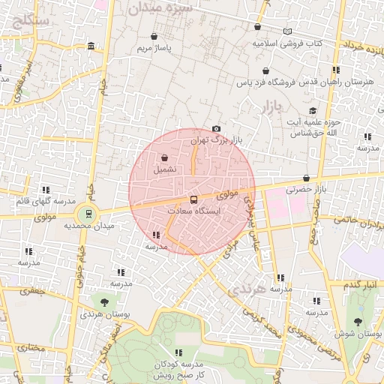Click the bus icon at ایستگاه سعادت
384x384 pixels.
click(194, 199)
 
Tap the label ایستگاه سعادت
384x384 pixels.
click(195, 212)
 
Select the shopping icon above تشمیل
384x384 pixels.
click(164, 157)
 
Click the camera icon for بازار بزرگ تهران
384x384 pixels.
click(217, 129)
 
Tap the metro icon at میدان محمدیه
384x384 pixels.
click(89, 213)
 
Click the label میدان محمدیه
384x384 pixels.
click(88, 225)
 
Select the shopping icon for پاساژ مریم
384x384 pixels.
click(154, 36)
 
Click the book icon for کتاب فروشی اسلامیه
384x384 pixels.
click(287, 31)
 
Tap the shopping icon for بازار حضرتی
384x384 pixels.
click(307, 178)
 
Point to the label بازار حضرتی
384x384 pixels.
click(306, 190)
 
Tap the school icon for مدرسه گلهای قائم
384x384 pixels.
click(46, 190)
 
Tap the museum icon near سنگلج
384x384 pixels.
click(91, 46)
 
